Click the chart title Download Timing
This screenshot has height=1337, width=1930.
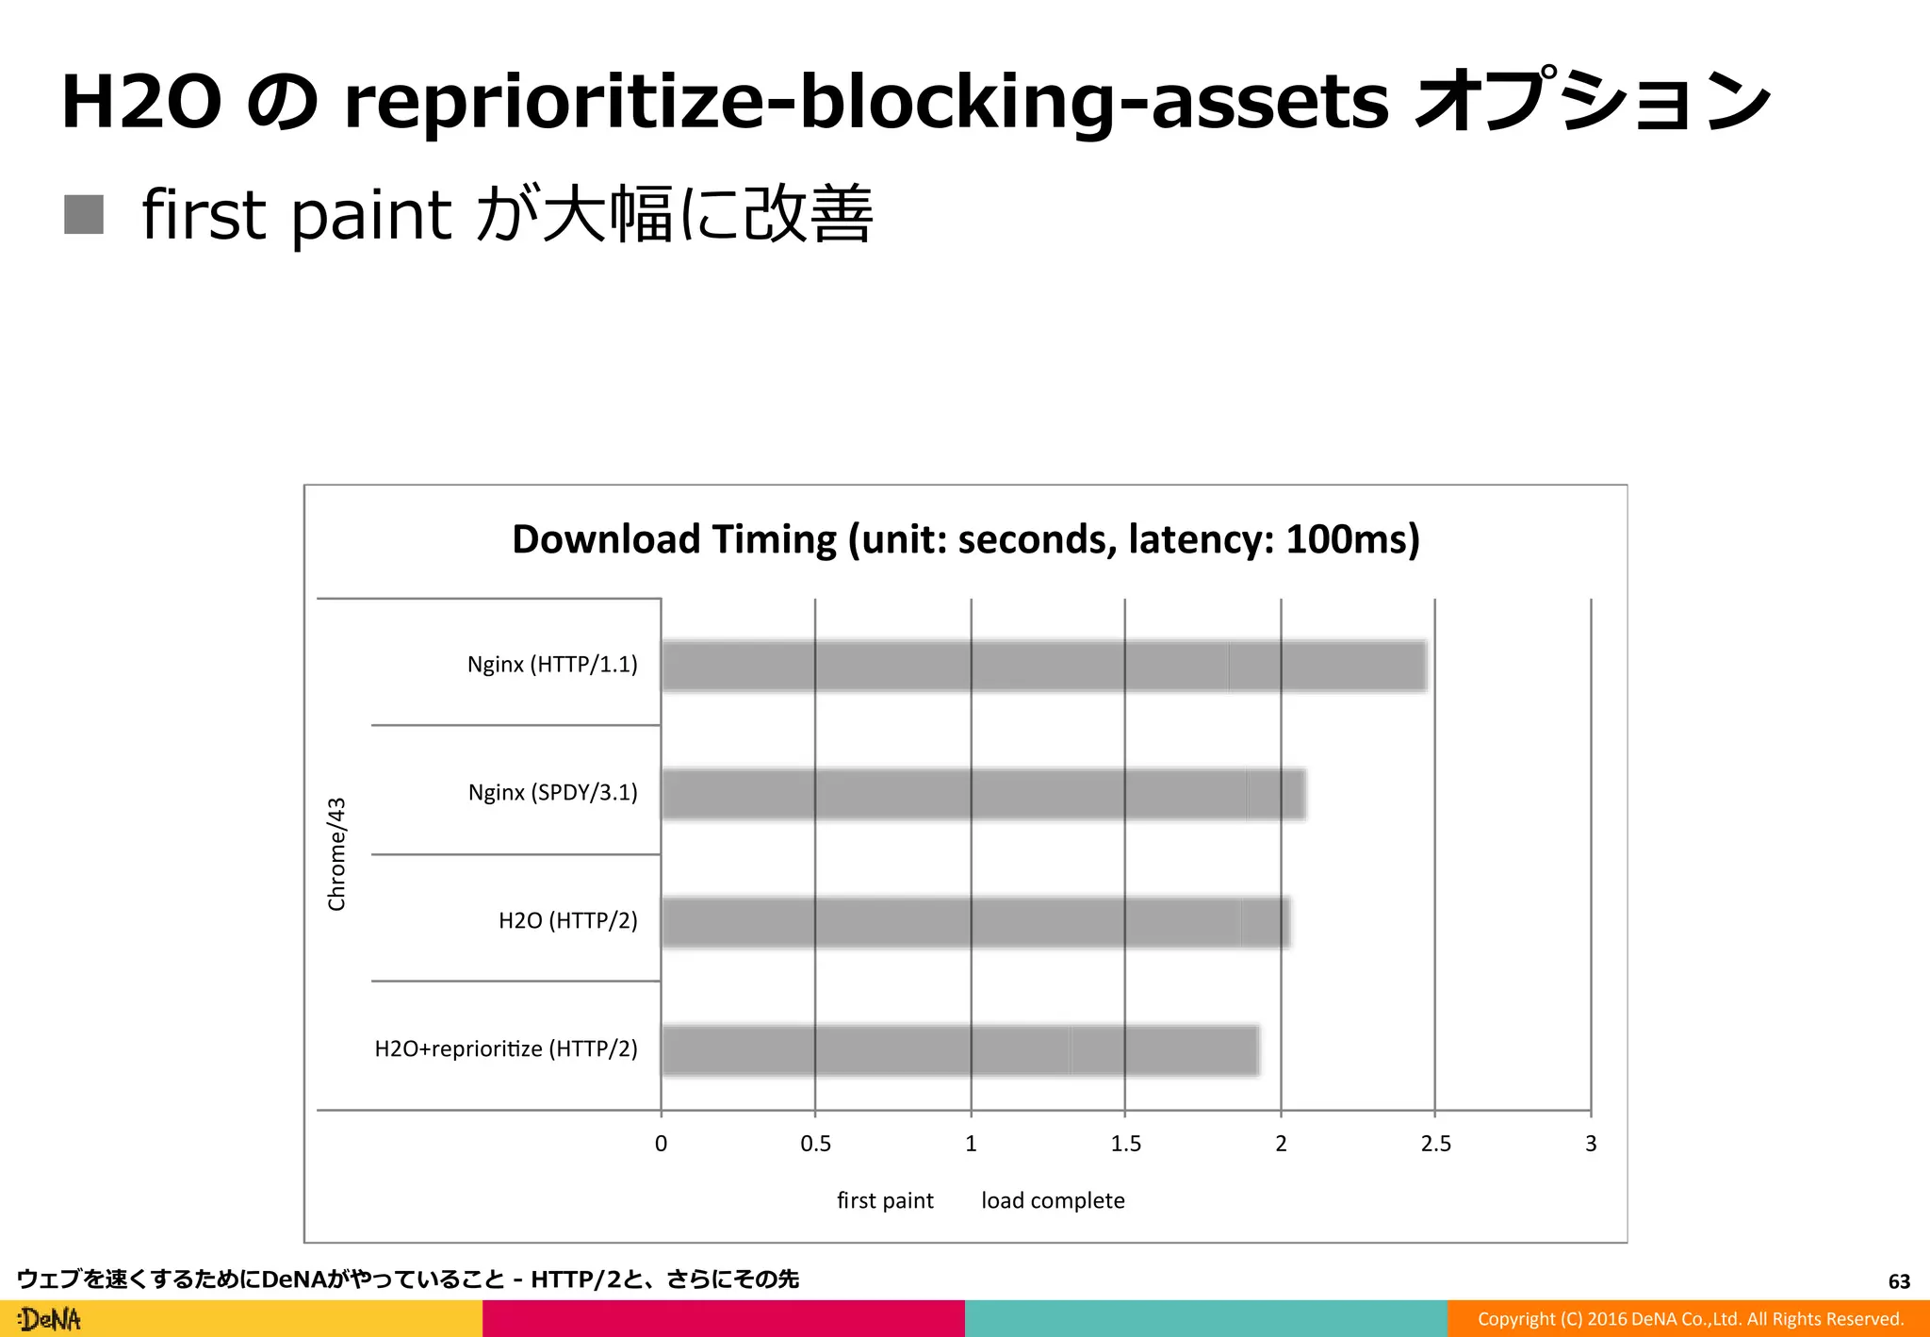[x=965, y=539]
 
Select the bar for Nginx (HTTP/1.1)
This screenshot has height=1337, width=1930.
[x=1043, y=666]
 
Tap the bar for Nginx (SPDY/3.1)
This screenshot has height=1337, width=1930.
[x=983, y=793]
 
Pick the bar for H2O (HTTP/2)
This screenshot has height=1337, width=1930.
[x=975, y=921]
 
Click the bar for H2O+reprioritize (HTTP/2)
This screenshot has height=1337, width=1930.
[x=959, y=1049]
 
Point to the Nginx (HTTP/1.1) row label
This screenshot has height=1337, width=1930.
[x=552, y=665]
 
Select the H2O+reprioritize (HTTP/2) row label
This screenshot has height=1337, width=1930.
[x=506, y=1048]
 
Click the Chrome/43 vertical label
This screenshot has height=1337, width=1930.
[x=336, y=854]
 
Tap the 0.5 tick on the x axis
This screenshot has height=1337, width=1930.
[x=815, y=1144]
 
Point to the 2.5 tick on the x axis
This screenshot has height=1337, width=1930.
[x=1435, y=1144]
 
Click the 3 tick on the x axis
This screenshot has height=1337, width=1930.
[x=1591, y=1144]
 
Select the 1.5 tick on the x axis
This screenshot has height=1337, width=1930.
[x=1125, y=1144]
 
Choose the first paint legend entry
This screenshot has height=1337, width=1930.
[x=884, y=1200]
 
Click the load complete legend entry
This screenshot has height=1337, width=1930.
[x=1053, y=1200]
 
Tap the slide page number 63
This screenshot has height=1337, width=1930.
[x=1898, y=1281]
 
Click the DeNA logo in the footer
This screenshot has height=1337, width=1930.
[x=50, y=1319]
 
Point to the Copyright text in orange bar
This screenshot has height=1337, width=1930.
[x=1690, y=1319]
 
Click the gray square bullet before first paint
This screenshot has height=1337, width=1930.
[x=84, y=214]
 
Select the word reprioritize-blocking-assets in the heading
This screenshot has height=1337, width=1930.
[x=866, y=102]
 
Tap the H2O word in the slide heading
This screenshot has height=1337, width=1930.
[x=141, y=102]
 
